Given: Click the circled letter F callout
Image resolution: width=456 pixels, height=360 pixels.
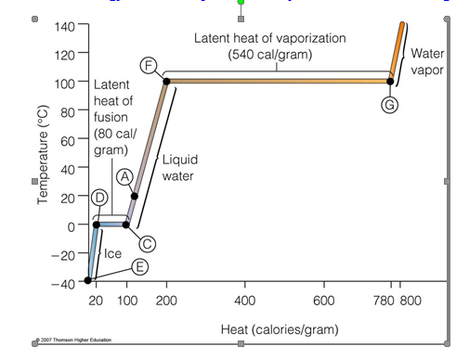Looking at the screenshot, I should click(149, 65).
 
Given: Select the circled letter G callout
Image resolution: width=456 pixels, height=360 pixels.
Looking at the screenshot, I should click(390, 104).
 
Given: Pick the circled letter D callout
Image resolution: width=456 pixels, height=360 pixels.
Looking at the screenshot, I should click(98, 197).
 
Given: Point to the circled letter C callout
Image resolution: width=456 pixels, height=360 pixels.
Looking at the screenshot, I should click(147, 243).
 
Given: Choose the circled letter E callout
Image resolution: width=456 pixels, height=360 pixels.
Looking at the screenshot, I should click(139, 266).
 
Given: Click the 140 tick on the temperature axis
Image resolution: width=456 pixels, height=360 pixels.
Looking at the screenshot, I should click(61, 25).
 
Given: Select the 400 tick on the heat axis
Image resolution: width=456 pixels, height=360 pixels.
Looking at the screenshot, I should click(245, 301).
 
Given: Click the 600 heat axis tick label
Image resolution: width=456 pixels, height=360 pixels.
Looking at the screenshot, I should click(323, 301).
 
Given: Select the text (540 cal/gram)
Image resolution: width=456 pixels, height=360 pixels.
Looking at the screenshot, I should click(270, 55).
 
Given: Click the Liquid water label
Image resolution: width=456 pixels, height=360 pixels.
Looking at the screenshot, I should click(179, 167).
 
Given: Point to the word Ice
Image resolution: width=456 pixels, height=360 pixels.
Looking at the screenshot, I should click(111, 252).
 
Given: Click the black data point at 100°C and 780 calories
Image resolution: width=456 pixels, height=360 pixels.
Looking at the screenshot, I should click(391, 81).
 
